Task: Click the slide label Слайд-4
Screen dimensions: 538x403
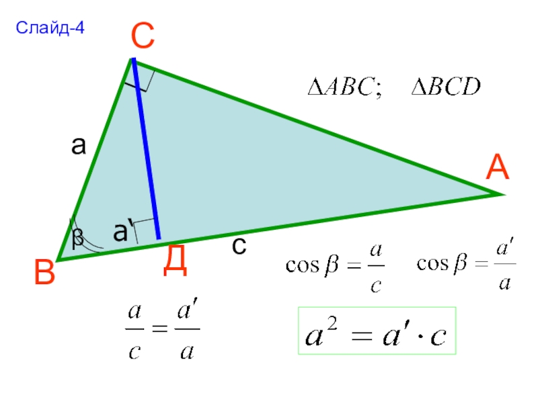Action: click(51, 28)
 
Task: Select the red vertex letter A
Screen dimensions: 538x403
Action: click(498, 167)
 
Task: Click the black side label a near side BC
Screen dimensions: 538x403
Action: click(79, 146)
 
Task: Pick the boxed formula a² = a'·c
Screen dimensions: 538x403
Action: click(377, 331)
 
